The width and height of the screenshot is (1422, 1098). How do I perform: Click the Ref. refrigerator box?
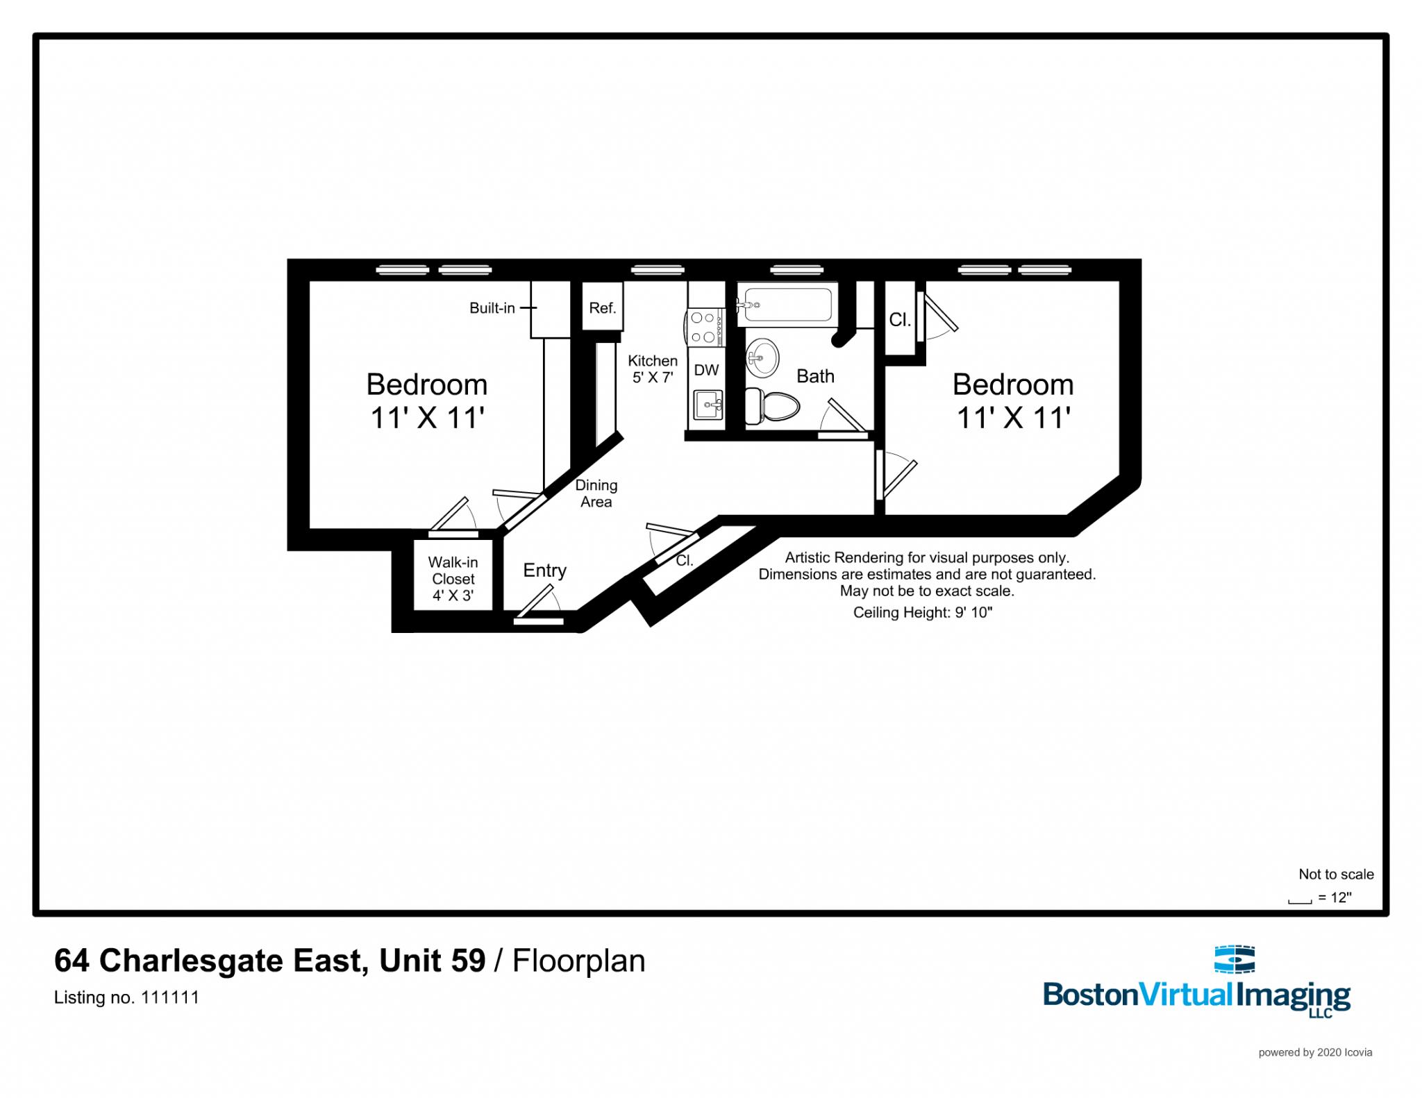[602, 307]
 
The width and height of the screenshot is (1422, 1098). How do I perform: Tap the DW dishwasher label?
[706, 370]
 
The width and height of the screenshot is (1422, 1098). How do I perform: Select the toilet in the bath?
[770, 405]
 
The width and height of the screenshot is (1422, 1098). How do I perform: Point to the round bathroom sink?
[762, 358]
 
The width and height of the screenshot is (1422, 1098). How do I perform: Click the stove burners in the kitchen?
[704, 328]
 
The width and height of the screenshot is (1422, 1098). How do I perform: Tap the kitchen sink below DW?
[708, 403]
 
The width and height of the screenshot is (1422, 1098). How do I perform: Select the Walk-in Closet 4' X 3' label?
[453, 578]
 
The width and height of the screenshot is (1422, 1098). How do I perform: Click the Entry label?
[544, 570]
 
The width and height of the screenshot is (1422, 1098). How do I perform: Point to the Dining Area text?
[596, 493]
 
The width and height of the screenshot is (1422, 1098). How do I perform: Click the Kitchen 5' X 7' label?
[652, 369]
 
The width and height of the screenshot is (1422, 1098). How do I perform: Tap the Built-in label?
[492, 308]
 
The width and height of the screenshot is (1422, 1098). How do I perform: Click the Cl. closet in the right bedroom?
[900, 319]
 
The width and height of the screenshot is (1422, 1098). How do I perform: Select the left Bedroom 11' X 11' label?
[426, 400]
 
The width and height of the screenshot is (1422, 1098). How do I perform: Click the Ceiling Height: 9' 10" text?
[922, 612]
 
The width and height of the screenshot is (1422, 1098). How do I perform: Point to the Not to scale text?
[1336, 874]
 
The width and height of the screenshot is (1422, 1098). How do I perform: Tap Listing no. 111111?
[126, 997]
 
